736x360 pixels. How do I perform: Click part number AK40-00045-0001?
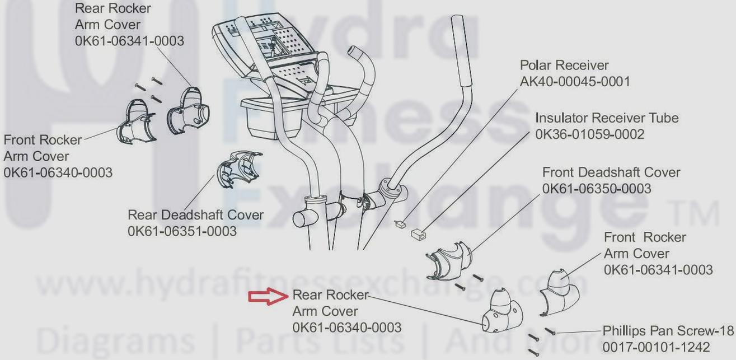575,82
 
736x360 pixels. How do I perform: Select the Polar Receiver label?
564,66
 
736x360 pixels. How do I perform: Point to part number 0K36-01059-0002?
589,134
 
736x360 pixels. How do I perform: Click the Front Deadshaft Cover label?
611,172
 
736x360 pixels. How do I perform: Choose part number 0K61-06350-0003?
597,189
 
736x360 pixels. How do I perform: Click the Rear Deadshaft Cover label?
195,215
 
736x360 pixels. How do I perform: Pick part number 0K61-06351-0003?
182,231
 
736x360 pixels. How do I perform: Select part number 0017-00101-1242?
656,347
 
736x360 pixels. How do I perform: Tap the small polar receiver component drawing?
400,225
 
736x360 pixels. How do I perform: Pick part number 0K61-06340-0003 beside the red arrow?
346,327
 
